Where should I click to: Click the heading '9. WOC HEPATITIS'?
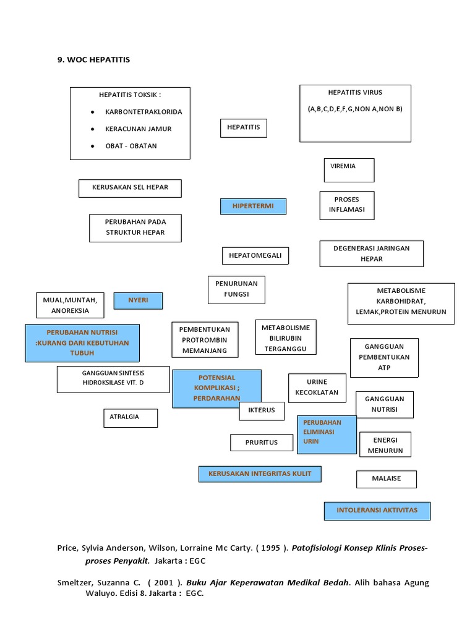[x=93, y=59]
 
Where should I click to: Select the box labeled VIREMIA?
[x=349, y=170]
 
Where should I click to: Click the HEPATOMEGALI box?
[x=255, y=255]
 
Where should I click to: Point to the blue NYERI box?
[x=138, y=301]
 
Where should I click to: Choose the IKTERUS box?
[x=262, y=411]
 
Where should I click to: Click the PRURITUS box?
[x=261, y=443]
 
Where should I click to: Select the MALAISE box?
[x=387, y=479]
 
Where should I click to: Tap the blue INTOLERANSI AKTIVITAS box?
[x=377, y=511]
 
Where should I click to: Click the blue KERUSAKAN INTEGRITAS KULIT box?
[x=260, y=474]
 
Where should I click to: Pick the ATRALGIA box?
[x=130, y=418]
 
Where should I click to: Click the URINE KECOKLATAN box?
[x=317, y=388]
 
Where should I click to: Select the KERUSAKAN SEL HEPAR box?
[x=130, y=188]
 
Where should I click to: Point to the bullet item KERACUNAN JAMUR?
[x=138, y=129]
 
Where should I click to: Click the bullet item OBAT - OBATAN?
[x=131, y=147]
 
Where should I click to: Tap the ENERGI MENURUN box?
[x=385, y=445]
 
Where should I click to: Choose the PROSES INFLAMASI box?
[x=346, y=205]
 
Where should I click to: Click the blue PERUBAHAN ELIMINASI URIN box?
[x=327, y=435]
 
